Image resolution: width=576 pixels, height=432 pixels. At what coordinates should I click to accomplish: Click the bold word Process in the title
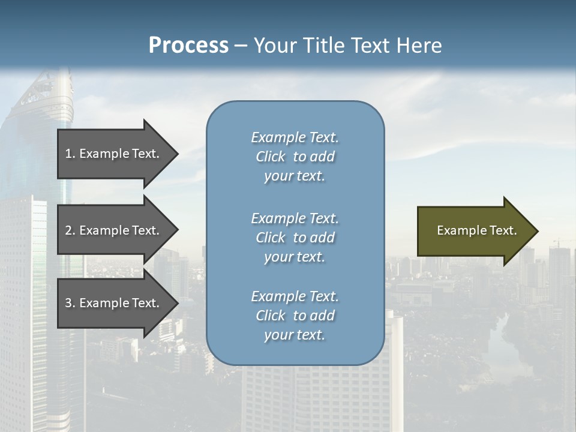(188, 45)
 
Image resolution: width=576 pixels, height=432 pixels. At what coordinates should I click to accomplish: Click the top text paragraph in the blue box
(295, 157)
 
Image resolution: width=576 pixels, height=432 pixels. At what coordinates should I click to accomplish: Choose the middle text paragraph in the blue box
(295, 238)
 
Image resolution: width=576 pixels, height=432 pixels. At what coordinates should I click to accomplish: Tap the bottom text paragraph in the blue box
(295, 316)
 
